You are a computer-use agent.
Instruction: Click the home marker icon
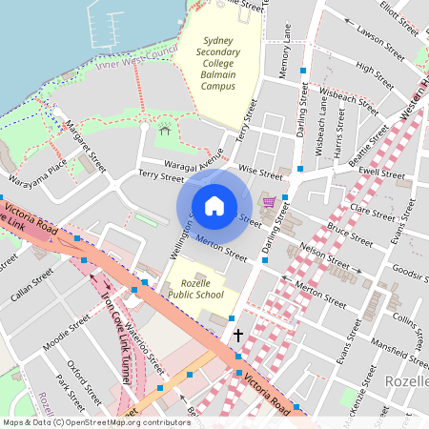tap(214, 206)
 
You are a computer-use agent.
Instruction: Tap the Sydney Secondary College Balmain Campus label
tap(217, 64)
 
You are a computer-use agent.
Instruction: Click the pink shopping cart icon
tap(270, 201)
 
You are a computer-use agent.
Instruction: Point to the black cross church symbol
tap(238, 336)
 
